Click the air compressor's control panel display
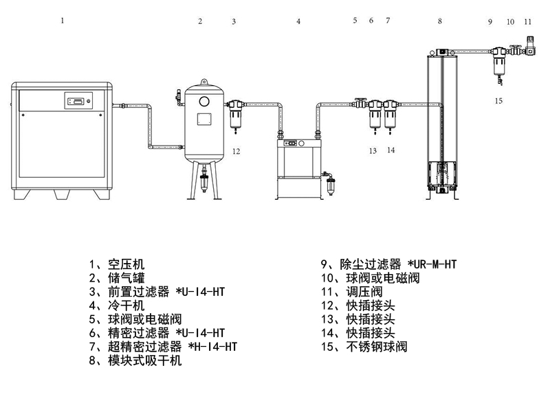click(78, 102)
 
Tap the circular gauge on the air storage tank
click(204, 101)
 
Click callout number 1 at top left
click(63, 21)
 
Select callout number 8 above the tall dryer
click(440, 21)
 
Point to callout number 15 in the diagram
click(498, 101)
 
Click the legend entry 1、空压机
click(117, 264)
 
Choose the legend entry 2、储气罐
click(117, 278)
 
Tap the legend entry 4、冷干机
click(117, 305)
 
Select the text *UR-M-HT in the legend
click(433, 264)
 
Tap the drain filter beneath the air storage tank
click(204, 184)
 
